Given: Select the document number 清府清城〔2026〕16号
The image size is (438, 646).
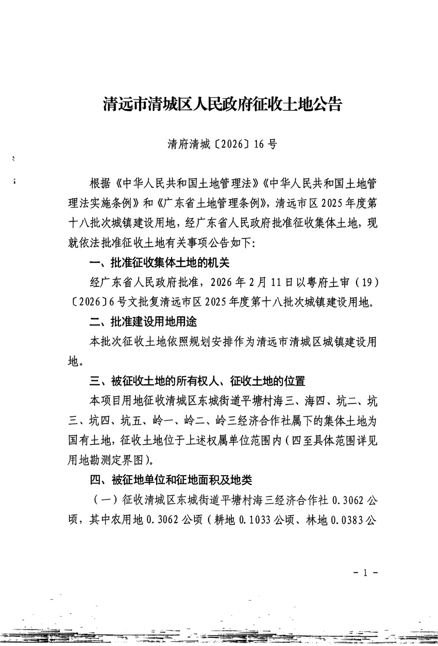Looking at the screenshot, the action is pyautogui.click(x=222, y=144).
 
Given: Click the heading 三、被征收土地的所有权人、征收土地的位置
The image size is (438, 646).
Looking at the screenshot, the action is pyautogui.click(x=197, y=381).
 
